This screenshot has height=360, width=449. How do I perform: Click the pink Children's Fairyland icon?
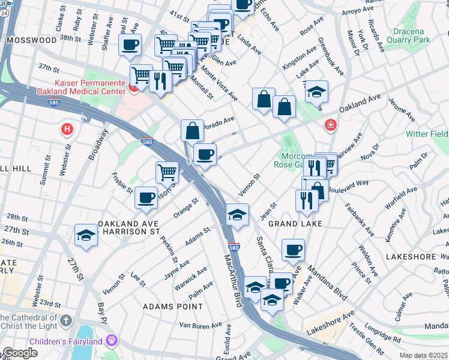coord(110,341)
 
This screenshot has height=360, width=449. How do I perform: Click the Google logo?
coord(20,353)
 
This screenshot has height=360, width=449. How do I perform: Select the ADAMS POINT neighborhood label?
coord(166,306)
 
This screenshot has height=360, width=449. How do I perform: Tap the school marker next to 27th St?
coord(86,235)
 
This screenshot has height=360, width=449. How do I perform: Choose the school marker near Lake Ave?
coord(316,92)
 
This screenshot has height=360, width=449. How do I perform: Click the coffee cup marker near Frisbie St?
coord(145,198)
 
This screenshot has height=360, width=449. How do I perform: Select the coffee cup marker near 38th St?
coord(130,45)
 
